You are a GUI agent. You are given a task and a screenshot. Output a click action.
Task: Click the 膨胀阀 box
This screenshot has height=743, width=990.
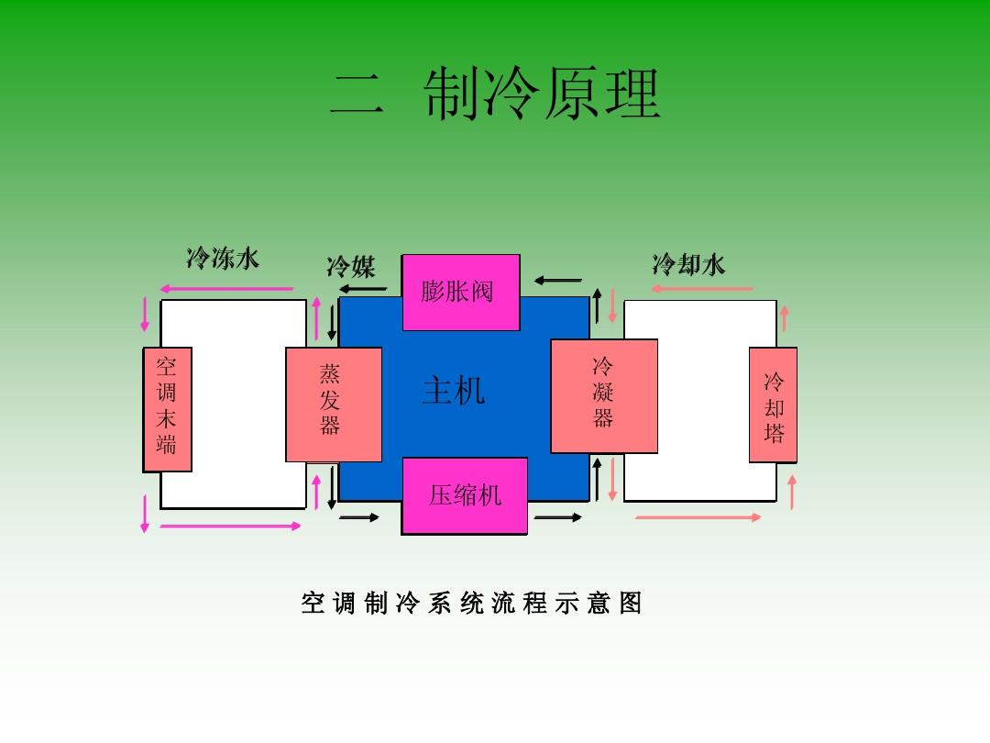coord(461,292)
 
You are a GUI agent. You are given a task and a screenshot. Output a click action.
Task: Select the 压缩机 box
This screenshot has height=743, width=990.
coord(465,495)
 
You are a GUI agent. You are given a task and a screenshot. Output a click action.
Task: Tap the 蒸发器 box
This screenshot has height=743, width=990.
coord(334,404)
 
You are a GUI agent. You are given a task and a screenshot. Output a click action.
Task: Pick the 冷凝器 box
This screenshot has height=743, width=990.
coord(603,395)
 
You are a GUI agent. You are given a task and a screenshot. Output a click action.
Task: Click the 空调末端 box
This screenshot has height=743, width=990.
coord(167,409)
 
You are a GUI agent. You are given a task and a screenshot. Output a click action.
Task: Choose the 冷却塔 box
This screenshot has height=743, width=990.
coord(773,405)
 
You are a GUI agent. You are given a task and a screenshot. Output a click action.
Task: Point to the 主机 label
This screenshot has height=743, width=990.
coord(453,392)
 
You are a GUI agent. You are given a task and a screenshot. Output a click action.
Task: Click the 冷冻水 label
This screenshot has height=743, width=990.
coord(223,259)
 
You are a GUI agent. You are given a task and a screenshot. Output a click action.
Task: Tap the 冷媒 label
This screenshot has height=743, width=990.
coord(350,267)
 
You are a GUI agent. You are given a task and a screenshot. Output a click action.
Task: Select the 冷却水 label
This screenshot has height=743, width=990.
coord(688,265)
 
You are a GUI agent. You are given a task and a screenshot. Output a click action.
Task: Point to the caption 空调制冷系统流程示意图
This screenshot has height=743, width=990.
coord(471,603)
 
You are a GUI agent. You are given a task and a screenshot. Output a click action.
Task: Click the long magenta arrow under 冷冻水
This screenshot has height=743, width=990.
coord(226,289)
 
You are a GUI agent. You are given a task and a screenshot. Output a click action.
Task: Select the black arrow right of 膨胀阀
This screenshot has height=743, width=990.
coord(559,280)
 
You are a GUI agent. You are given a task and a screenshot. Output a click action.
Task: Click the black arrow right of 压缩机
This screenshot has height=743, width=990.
coord(557,518)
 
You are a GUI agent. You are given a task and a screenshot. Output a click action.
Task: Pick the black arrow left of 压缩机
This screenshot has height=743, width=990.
coord(359,518)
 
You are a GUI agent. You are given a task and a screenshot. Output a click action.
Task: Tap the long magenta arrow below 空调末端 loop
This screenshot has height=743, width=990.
coord(231,526)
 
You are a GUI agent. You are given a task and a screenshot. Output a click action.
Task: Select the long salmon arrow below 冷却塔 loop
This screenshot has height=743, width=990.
coord(698,517)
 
